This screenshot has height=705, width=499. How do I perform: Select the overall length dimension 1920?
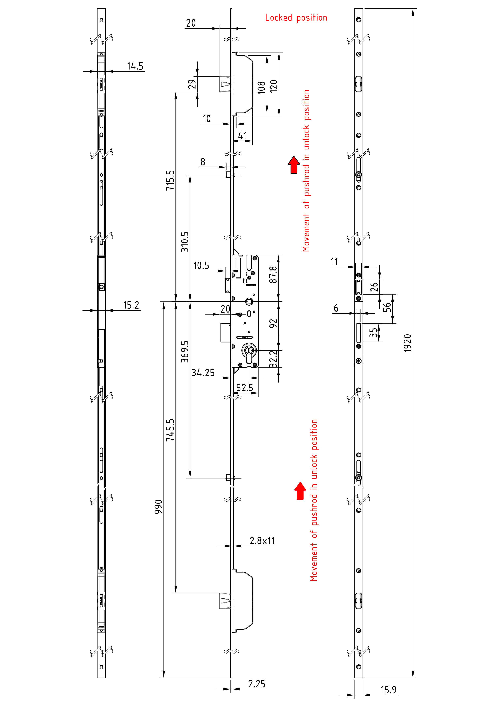[x=407, y=343]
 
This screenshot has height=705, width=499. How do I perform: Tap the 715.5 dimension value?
[x=170, y=180]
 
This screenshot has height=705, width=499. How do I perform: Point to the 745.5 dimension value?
[x=170, y=430]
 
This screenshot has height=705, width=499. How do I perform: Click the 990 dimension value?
[x=158, y=507]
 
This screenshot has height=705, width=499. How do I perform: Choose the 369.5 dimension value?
[x=184, y=351]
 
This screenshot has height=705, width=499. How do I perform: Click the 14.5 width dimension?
[x=135, y=66]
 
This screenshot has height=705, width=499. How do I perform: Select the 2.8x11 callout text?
[x=262, y=541]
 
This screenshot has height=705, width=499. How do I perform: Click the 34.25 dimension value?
[x=203, y=373]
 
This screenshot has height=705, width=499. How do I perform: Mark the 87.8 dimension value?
[x=273, y=275]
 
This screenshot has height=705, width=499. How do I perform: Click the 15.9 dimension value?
[x=388, y=690]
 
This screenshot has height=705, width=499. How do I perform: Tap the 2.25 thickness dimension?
[x=256, y=684]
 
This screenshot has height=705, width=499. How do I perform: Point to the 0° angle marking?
[x=251, y=314]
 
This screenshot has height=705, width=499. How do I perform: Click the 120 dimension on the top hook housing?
[x=273, y=86]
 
